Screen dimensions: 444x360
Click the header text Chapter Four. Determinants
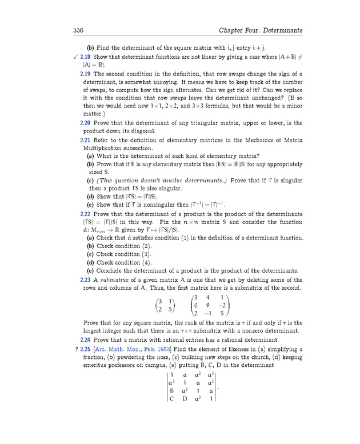(261, 30)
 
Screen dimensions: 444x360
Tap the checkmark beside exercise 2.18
(76, 58)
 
